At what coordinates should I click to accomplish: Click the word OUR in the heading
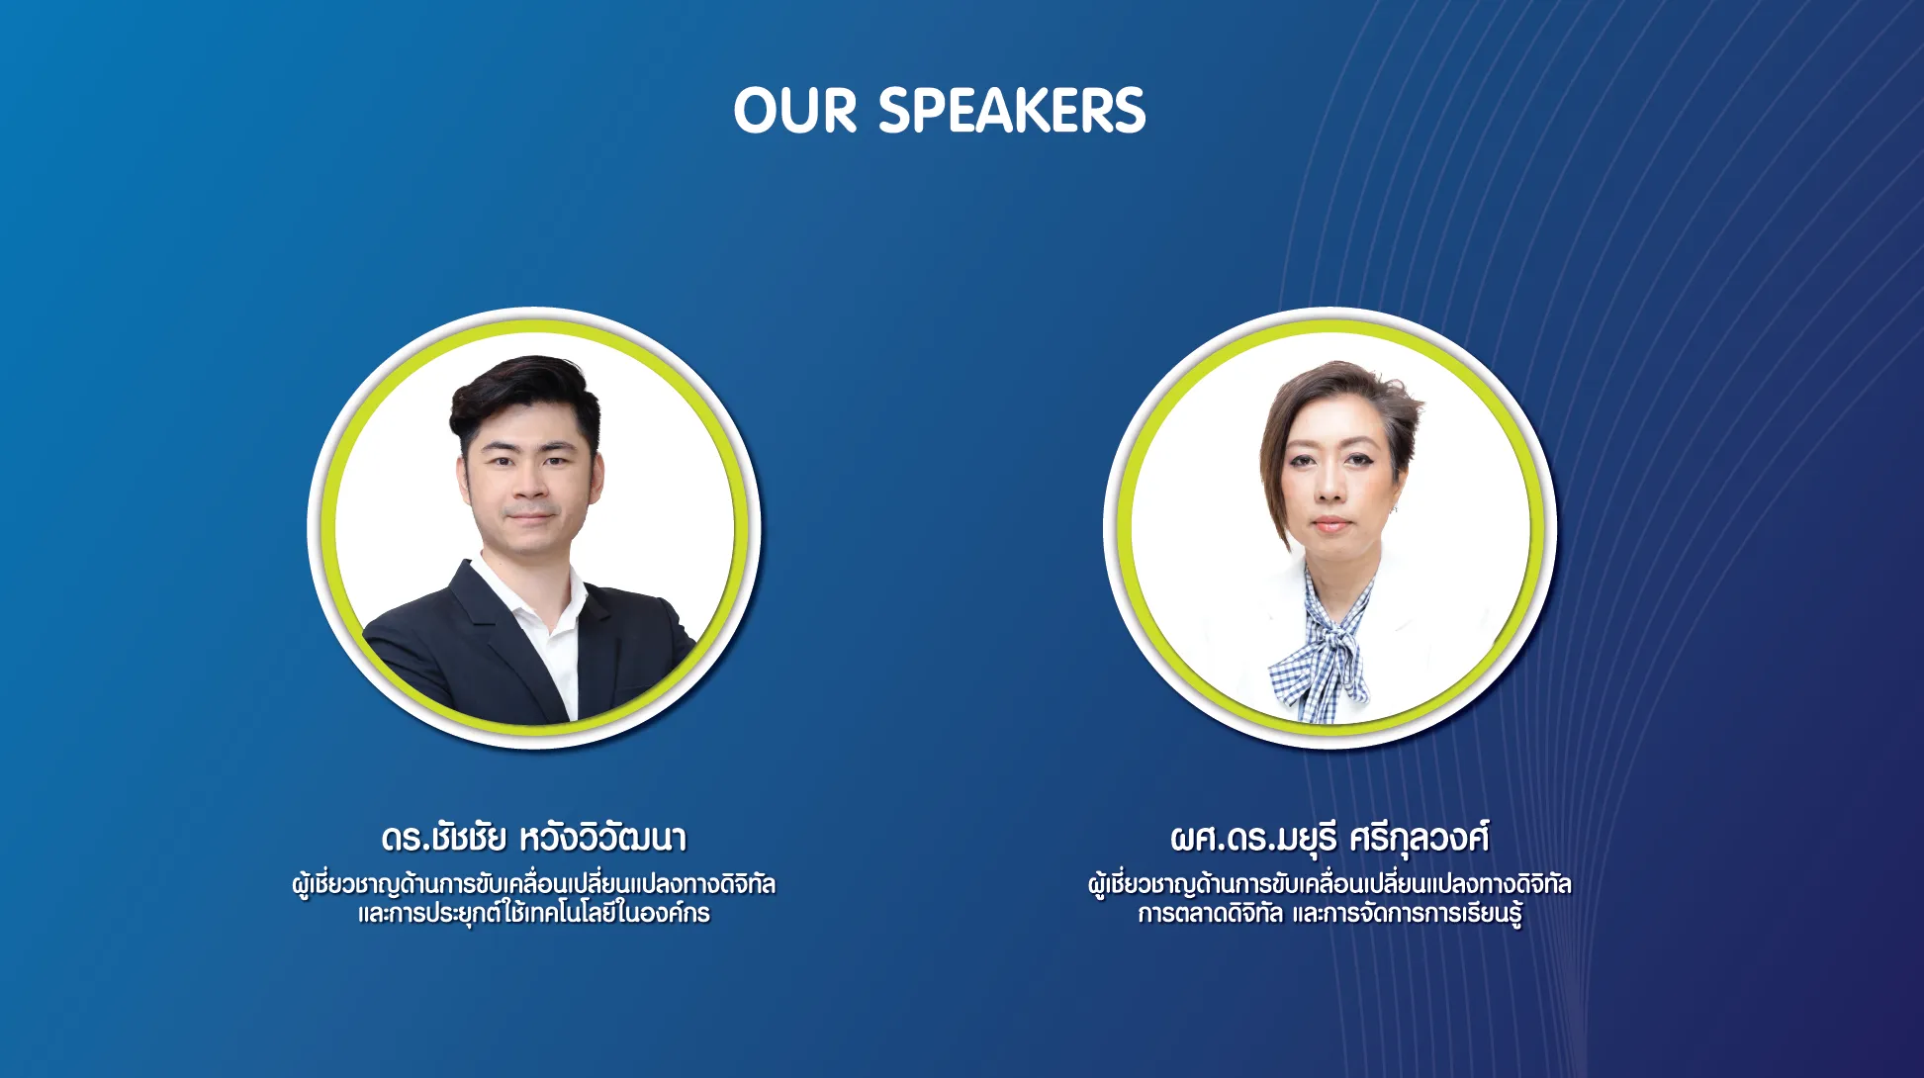click(x=795, y=110)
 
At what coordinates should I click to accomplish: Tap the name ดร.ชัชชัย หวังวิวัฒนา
click(x=534, y=838)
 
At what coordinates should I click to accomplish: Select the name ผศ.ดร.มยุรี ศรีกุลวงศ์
click(x=1329, y=838)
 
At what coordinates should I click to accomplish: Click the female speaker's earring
click(x=1394, y=510)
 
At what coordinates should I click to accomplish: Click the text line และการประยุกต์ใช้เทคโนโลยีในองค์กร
click(x=534, y=913)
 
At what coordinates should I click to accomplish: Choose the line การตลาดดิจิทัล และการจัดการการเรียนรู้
click(x=1329, y=913)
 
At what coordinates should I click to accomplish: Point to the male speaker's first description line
click(x=534, y=883)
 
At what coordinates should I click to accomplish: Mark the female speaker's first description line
click(x=1329, y=883)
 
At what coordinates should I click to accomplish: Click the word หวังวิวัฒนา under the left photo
click(x=602, y=838)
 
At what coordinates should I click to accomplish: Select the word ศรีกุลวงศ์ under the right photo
click(x=1419, y=838)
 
